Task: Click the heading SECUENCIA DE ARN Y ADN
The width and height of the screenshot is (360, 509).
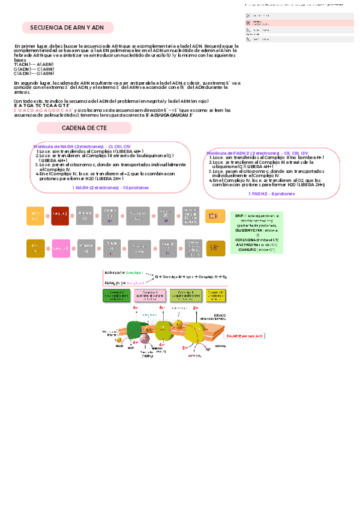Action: tap(67, 28)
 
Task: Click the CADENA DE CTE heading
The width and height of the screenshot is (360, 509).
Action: tap(84, 128)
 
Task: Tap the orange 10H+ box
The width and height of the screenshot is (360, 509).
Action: tap(215, 215)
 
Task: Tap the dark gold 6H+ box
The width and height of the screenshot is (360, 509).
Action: tap(215, 247)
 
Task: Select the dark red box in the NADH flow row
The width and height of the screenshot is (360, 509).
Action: tap(61, 215)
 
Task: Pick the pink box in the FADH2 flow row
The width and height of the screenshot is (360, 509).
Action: tap(61, 247)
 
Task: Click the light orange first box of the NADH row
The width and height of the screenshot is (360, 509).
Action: tap(35, 215)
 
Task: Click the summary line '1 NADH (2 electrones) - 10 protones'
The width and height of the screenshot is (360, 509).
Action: tap(110, 188)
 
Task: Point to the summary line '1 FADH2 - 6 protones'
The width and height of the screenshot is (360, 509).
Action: tap(267, 194)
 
